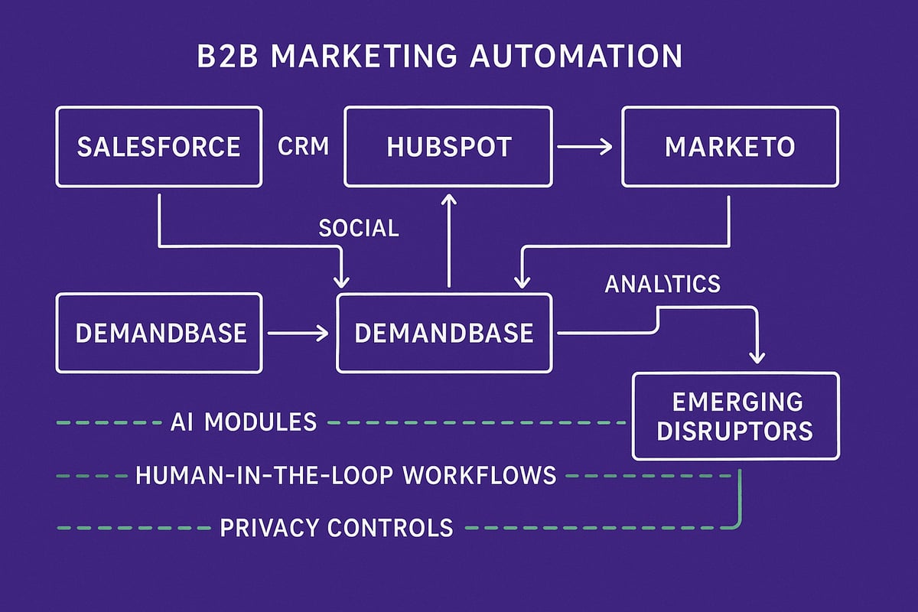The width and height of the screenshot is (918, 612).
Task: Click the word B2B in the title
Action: pyautogui.click(x=223, y=58)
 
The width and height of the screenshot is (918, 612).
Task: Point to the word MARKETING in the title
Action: pyautogui.click(x=373, y=58)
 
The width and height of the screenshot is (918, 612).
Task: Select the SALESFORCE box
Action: pyautogui.click(x=158, y=146)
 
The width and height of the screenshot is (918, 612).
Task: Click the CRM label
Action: pyautogui.click(x=303, y=146)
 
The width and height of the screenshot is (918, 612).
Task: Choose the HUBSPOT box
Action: pyautogui.click(x=448, y=146)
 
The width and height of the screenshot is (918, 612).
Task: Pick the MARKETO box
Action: pyautogui.click(x=730, y=146)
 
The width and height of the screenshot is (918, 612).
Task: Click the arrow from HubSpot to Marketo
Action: pyautogui.click(x=585, y=146)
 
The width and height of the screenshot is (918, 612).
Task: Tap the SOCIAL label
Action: pyautogui.click(x=359, y=227)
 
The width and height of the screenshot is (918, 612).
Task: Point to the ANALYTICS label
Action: pyautogui.click(x=662, y=284)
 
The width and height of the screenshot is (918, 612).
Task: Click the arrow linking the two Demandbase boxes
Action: pyautogui.click(x=298, y=333)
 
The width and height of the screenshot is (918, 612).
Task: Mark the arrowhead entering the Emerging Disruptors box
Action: pyautogui.click(x=757, y=356)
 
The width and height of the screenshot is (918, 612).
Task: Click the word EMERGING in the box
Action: pyautogui.click(x=737, y=402)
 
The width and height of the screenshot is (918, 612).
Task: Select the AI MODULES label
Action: pyautogui.click(x=243, y=422)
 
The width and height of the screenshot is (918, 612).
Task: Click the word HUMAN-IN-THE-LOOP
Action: pyautogui.click(x=264, y=475)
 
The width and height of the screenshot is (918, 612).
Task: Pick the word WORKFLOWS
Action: pyautogui.click(x=480, y=475)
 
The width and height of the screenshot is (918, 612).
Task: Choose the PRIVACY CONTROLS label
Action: pyautogui.click(x=336, y=527)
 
